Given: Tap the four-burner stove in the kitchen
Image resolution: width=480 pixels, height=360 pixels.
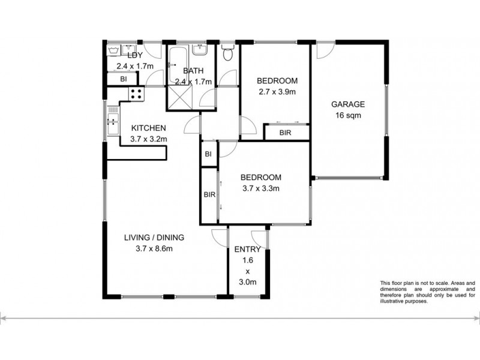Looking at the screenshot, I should coord(136,94).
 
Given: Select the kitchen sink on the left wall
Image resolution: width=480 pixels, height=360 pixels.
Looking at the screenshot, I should coord(112,124).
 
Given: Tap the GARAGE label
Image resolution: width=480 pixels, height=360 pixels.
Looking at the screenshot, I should coord(348,104).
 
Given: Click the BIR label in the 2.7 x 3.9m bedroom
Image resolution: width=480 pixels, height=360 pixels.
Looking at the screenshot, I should coord(286,133).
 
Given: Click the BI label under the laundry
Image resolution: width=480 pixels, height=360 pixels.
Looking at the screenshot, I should coord(123,79).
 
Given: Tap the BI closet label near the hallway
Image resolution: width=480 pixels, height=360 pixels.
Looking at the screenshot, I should coord(209,154).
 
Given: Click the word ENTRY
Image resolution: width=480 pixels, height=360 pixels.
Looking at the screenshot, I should coord(248,250).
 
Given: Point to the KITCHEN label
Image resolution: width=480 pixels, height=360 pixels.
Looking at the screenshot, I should coord(149,128).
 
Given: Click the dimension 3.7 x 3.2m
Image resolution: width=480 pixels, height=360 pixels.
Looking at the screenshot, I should coord(149,139).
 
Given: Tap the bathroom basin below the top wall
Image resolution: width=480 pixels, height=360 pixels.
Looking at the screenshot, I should coord(201,49).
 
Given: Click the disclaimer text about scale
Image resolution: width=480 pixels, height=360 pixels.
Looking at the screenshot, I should coord(427,292).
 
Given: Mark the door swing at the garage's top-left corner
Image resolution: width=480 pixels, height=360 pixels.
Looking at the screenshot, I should coord(323,51).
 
